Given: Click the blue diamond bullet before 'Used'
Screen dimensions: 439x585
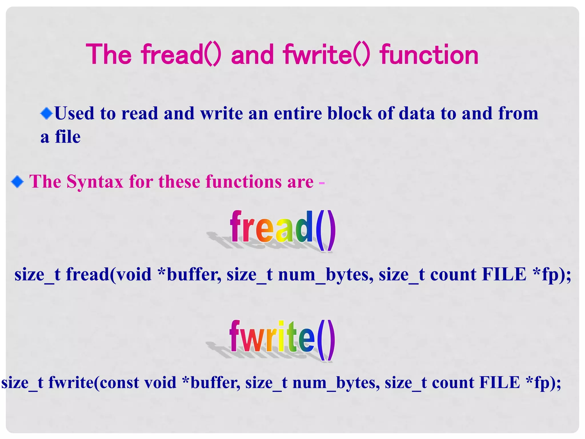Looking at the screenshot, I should (46, 113).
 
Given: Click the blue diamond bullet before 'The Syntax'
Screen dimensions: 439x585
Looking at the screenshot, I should (17, 182).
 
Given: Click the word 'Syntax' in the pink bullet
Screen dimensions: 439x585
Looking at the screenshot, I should (95, 182).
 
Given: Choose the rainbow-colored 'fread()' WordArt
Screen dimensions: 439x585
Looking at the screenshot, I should (283, 230).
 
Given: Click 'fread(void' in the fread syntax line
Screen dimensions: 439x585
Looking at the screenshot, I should (109, 274).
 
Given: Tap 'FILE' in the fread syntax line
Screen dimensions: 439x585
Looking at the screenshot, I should (504, 274).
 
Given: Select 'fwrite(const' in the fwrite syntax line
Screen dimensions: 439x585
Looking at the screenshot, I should (94, 382).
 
